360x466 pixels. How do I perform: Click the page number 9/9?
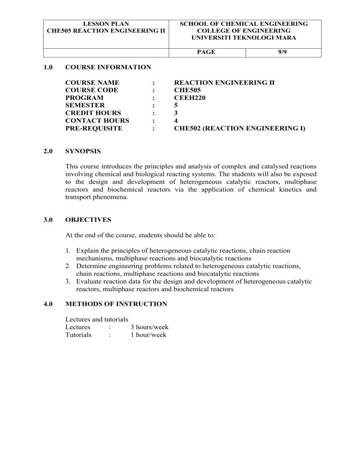(x=283, y=52)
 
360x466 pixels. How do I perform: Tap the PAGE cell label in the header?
(x=206, y=52)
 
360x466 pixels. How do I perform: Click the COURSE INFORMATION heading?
(x=108, y=68)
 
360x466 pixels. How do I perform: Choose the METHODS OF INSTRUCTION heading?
(x=116, y=304)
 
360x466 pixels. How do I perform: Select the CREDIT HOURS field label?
(x=93, y=113)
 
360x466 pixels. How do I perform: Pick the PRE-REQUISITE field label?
(x=94, y=128)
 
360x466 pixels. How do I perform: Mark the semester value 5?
(x=176, y=105)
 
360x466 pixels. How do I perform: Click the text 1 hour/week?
(x=148, y=335)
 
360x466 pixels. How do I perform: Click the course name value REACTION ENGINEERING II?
(x=224, y=83)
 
